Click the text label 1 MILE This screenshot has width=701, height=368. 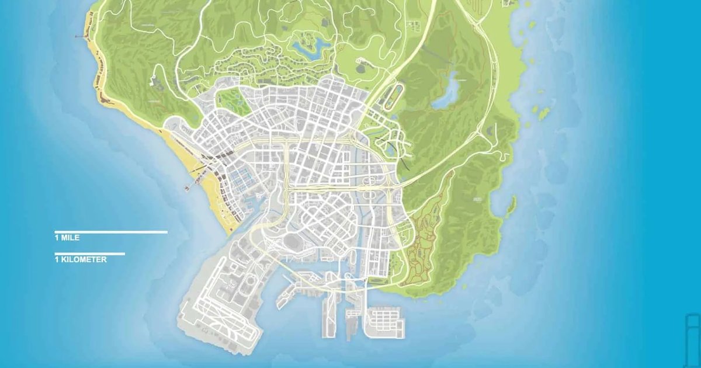click(x=67, y=238)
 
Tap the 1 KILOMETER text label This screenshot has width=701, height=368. click(x=81, y=259)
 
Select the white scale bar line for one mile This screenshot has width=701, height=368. click(x=111, y=232)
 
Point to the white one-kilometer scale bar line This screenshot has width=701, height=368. click(x=89, y=254)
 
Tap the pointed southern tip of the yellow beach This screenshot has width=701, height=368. click(x=227, y=233)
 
